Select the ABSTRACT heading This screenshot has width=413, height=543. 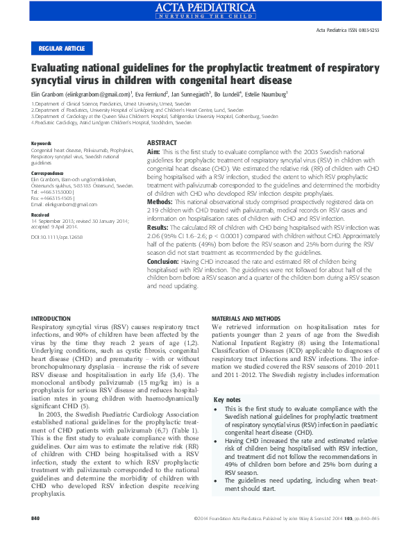[x=161, y=143]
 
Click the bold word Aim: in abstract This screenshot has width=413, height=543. [x=153, y=151]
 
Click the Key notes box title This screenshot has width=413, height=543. [x=228, y=400]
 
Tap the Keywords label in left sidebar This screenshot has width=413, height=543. [x=42, y=144]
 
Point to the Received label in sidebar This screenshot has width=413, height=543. [x=40, y=215]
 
